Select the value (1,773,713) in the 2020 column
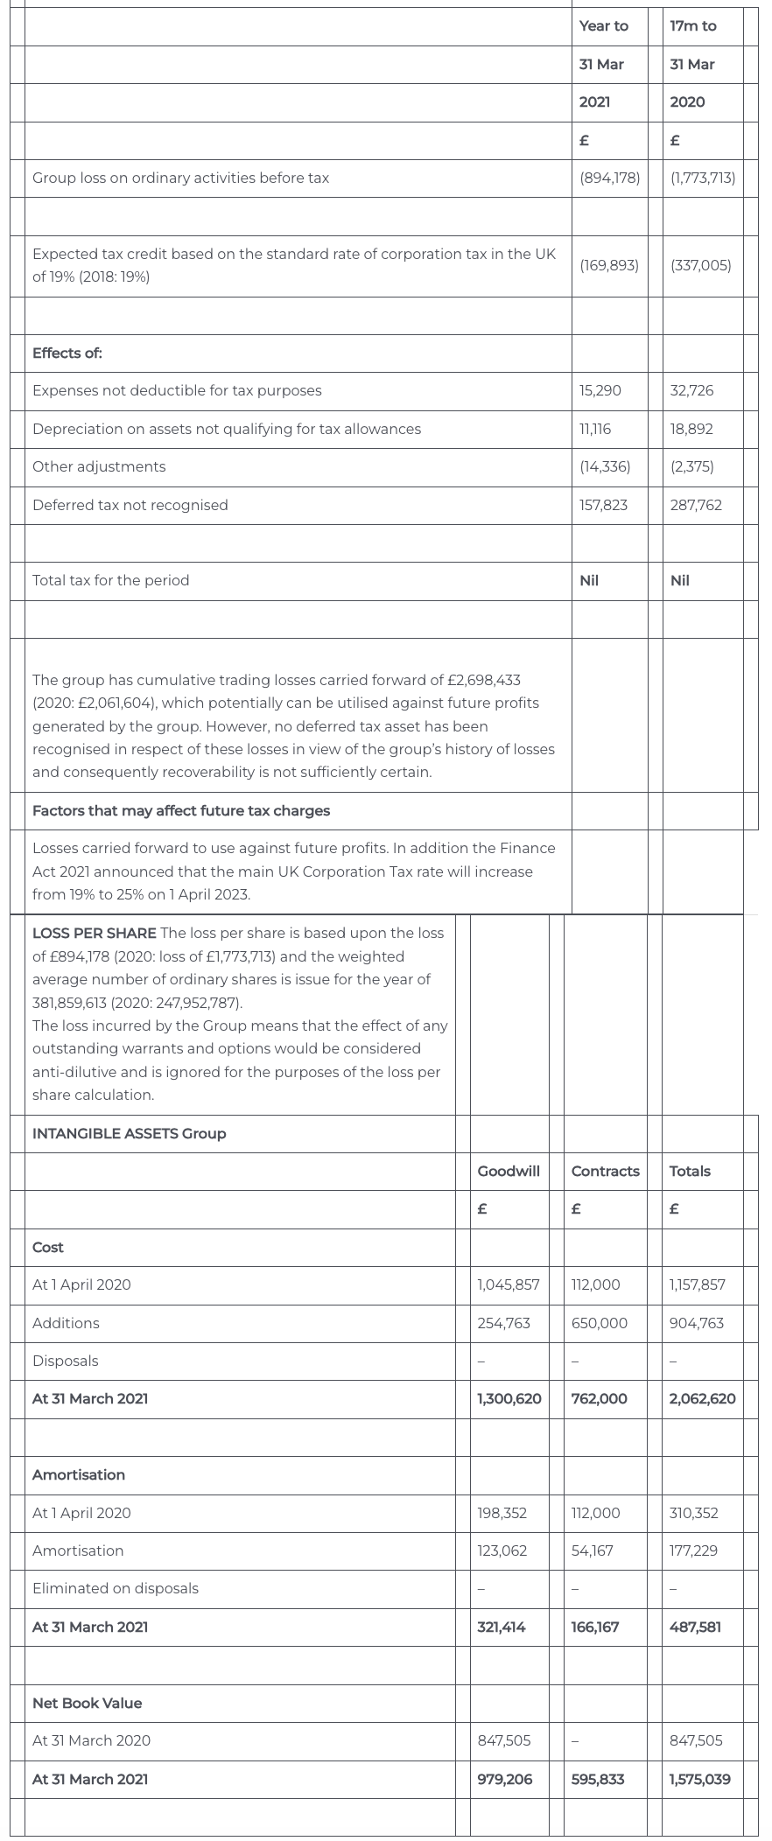tap(702, 178)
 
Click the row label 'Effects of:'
tap(67, 353)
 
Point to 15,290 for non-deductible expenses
tap(600, 390)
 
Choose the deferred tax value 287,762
tap(696, 505)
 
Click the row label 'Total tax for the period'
tap(110, 580)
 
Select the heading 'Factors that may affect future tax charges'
tap(181, 810)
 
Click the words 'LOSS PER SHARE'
tap(95, 933)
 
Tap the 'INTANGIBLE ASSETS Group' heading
tap(129, 1133)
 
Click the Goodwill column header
tap(509, 1171)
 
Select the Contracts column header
tap(605, 1171)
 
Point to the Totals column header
tap(690, 1171)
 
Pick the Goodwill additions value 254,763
tap(503, 1323)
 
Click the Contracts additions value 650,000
tap(599, 1323)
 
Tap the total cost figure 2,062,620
tap(702, 1398)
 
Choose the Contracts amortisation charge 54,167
tap(592, 1550)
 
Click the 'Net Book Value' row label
tap(87, 1703)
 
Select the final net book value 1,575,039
tap(699, 1779)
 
